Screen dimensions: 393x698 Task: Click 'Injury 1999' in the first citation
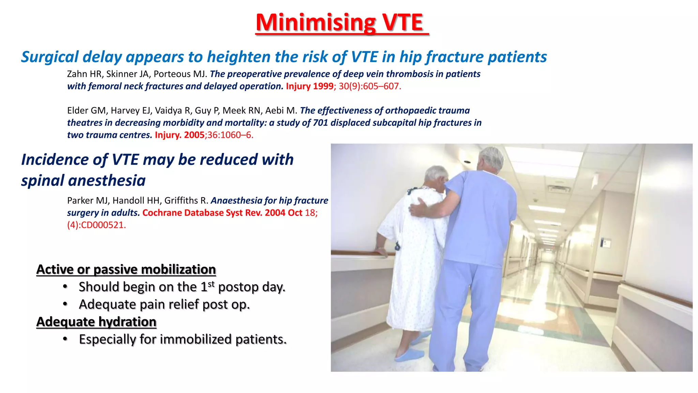click(309, 86)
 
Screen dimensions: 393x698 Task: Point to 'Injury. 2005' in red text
click(179, 135)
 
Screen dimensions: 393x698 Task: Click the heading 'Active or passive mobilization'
click(126, 270)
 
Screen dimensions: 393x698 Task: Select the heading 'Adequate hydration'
click(96, 322)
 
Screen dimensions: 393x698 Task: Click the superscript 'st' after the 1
click(211, 284)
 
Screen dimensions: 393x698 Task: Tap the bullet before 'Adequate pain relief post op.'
click(65, 304)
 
